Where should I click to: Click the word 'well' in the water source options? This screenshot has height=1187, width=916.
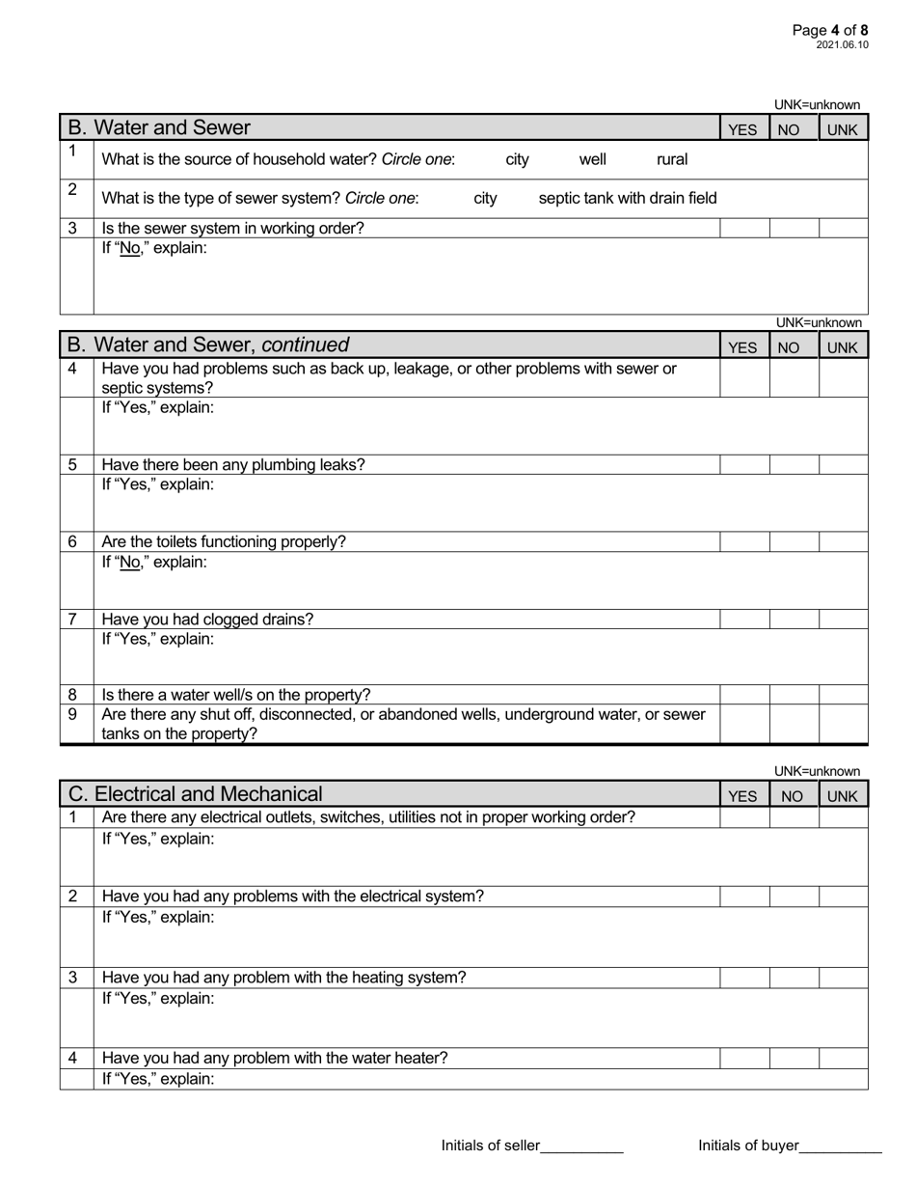point(592,159)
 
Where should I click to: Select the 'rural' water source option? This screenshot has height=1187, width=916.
point(672,159)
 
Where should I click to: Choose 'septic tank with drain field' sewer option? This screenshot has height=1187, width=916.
point(627,198)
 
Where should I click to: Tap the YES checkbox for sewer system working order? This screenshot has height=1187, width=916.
point(744,229)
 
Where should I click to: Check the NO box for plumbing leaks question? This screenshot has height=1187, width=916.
point(795,465)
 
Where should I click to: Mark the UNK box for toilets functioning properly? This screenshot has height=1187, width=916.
point(844,542)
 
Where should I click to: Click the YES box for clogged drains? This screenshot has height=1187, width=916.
point(744,620)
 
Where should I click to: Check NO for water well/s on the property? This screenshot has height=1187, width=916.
point(795,695)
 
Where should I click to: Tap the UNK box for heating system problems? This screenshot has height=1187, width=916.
point(844,978)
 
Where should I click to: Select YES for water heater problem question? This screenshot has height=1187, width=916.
point(744,1059)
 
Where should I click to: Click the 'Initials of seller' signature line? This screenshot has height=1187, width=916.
point(582,1146)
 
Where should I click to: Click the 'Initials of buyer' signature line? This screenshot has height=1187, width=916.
point(841,1146)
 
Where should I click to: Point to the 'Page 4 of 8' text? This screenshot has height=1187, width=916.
point(830,31)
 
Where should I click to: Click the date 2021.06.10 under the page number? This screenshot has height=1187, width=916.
point(842,45)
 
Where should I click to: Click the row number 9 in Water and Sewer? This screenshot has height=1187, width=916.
point(73,715)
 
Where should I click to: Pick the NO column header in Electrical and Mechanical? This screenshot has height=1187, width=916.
point(795,796)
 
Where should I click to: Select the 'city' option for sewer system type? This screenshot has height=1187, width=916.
point(486,198)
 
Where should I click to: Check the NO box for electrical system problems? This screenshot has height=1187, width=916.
point(795,897)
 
